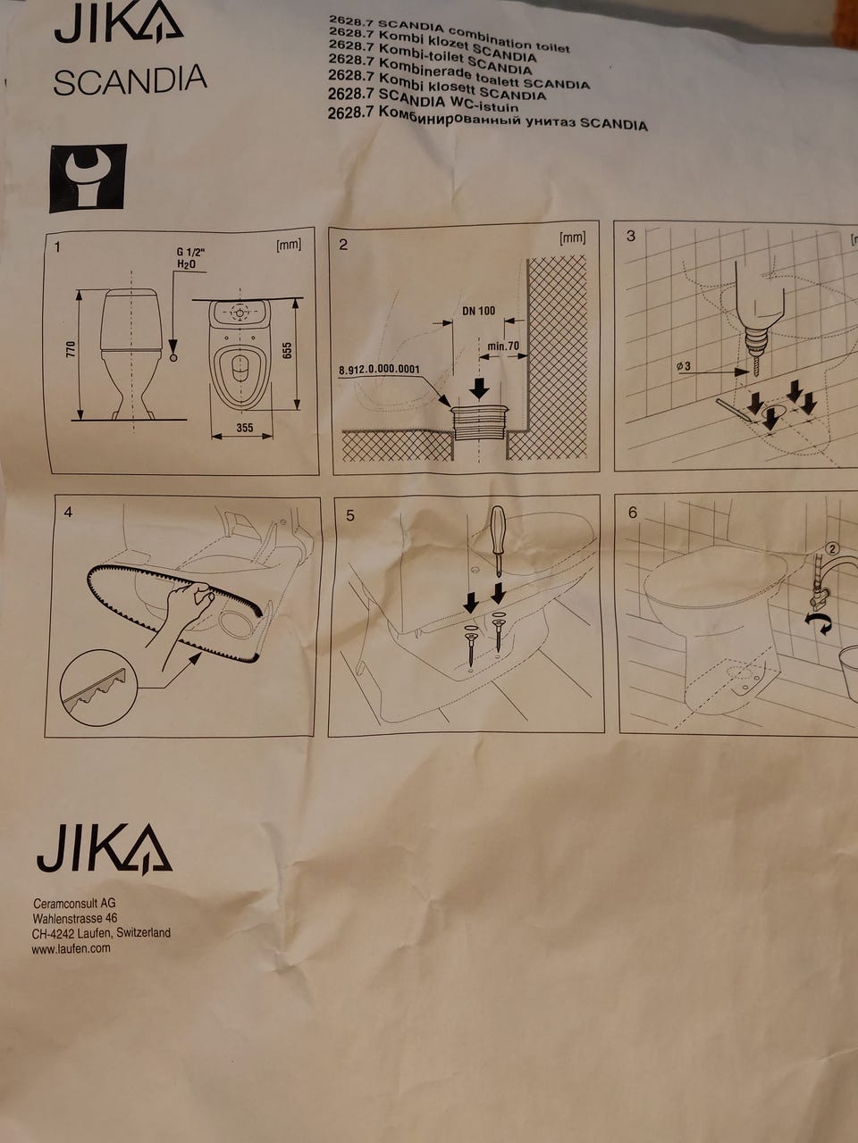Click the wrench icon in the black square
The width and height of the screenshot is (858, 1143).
point(88,179)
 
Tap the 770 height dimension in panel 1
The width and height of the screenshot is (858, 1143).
point(71,349)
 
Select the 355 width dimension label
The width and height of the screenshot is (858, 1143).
point(244,428)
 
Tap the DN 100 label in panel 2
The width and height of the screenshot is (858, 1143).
point(479,311)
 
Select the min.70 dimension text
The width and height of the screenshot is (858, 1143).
point(503,346)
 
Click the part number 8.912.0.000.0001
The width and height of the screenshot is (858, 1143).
point(379,370)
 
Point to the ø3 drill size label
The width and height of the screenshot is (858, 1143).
point(683,366)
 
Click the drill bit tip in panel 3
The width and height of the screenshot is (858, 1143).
point(753,376)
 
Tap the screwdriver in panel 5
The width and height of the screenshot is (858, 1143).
point(498,540)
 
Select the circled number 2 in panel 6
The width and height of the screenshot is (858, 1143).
point(832,548)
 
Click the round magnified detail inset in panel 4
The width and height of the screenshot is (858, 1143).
point(98,688)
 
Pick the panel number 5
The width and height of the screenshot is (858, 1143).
point(350,515)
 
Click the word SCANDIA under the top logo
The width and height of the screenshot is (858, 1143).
point(130,79)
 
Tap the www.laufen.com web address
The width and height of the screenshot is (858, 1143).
point(71,948)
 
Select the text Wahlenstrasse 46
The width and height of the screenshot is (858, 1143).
point(75,918)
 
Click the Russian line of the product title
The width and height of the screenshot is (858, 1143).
point(487,119)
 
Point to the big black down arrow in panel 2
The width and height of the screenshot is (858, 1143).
point(479,388)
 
